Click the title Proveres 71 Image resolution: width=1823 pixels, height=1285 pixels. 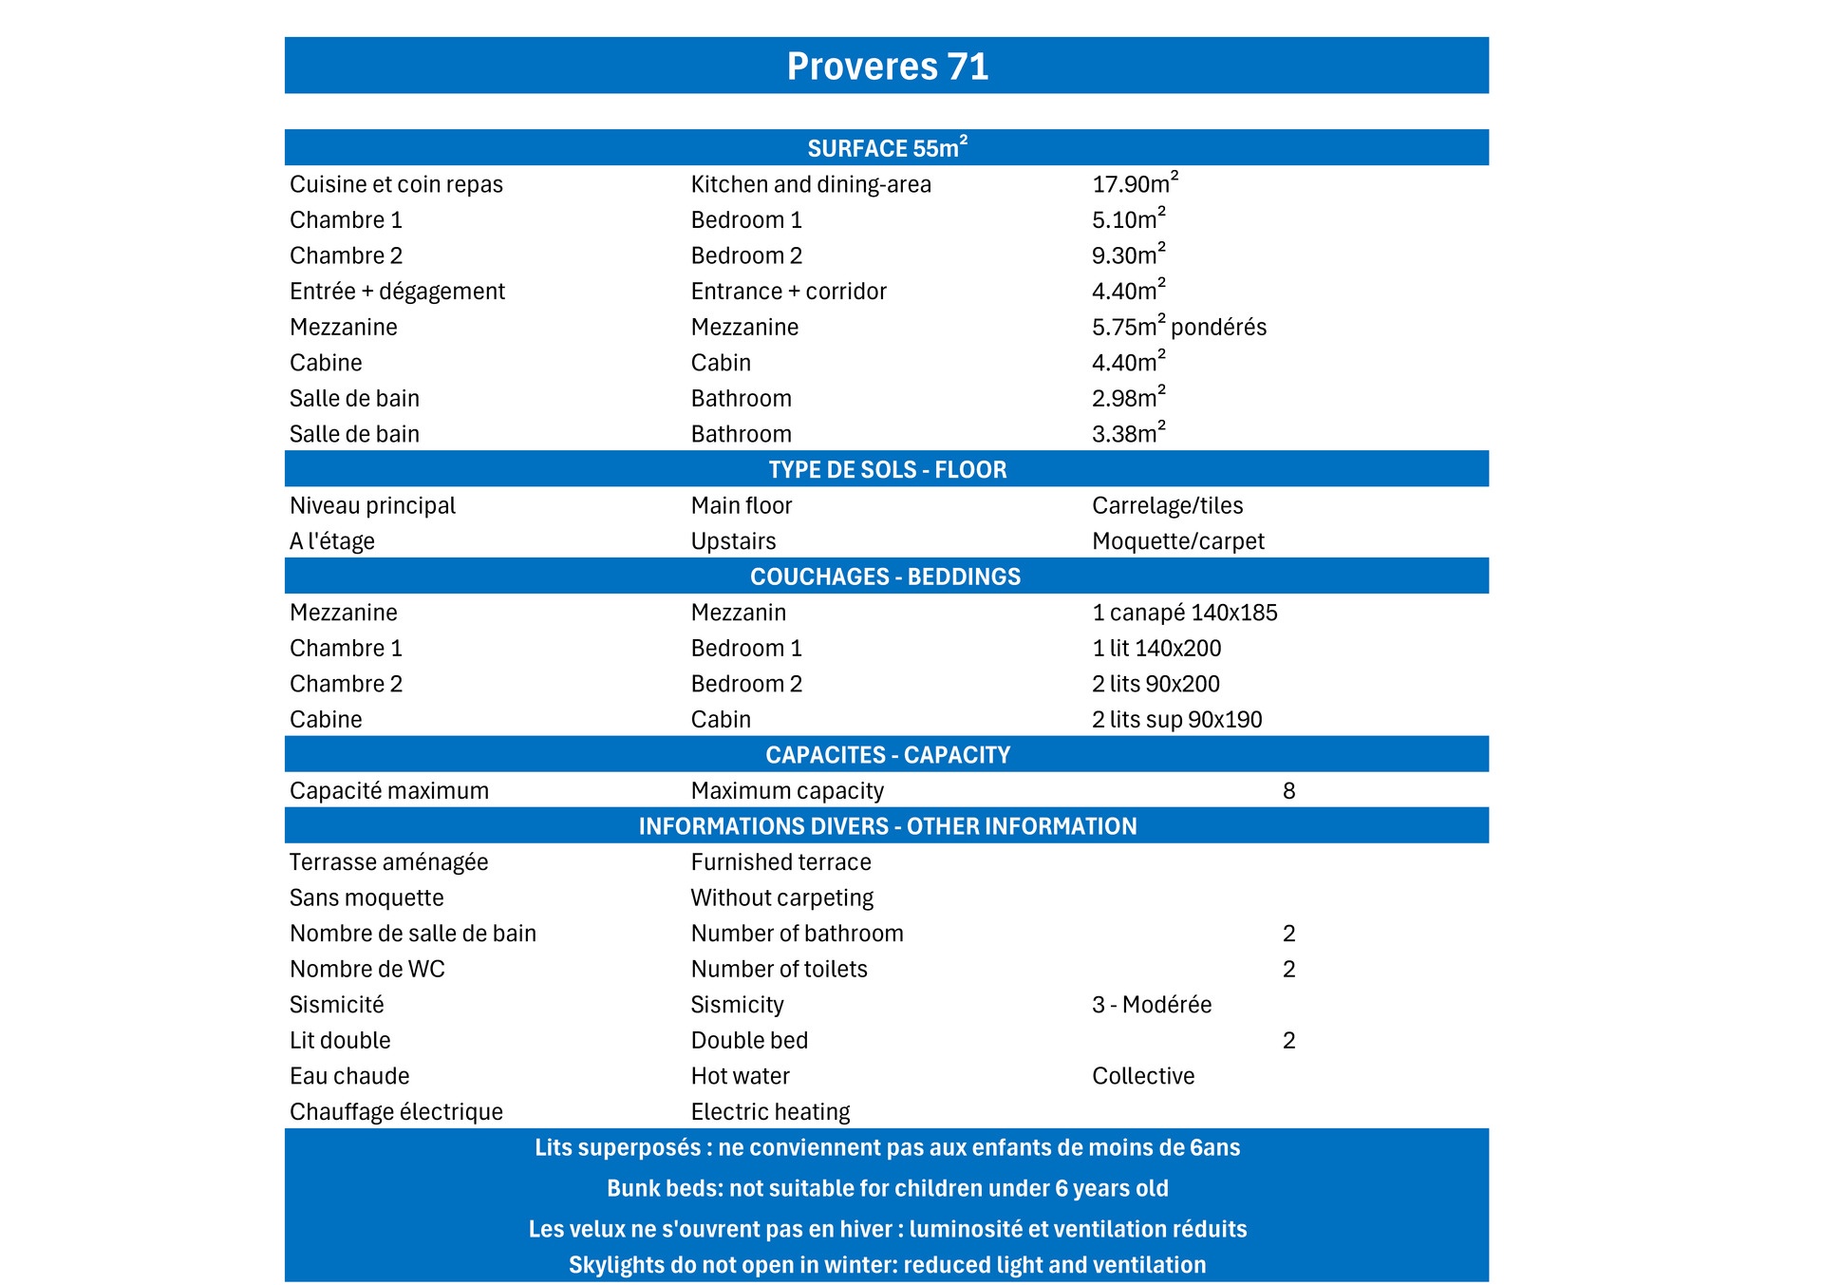pyautogui.click(x=887, y=66)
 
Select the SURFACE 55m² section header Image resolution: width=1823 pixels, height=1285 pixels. pyautogui.click(x=887, y=148)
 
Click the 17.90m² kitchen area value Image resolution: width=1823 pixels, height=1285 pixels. pyautogui.click(x=1135, y=184)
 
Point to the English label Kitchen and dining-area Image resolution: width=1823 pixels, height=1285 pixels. pyautogui.click(x=811, y=184)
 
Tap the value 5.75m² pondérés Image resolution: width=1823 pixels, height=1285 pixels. pyautogui.click(x=1178, y=327)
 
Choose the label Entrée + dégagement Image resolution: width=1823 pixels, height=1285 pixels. pyautogui.click(x=397, y=292)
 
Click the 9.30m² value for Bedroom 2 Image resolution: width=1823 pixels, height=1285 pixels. pyautogui.click(x=1128, y=255)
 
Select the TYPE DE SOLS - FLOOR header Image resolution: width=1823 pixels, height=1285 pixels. pyautogui.click(x=887, y=469)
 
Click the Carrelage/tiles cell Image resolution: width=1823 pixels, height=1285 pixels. pyautogui.click(x=1167, y=505)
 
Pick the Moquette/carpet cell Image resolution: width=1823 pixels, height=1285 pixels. pyautogui.click(x=1177, y=541)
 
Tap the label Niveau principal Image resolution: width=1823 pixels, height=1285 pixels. pyautogui.click(x=372, y=505)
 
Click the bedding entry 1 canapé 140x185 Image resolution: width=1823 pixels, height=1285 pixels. pyautogui.click(x=1184, y=613)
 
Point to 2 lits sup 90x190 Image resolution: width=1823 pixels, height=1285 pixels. pyautogui.click(x=1176, y=720)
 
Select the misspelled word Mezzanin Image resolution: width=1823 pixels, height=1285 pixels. pyautogui.click(x=738, y=613)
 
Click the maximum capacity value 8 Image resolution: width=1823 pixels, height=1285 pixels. pyautogui.click(x=1288, y=791)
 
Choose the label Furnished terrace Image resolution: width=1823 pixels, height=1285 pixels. pyautogui.click(x=780, y=862)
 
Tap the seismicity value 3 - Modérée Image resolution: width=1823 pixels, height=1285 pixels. pyautogui.click(x=1151, y=1005)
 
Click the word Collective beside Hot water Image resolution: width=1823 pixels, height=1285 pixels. pyautogui.click(x=1142, y=1076)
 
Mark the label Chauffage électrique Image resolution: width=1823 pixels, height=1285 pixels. pyautogui.click(x=396, y=1112)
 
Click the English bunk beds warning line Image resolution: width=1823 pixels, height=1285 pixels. pyautogui.click(x=887, y=1188)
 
